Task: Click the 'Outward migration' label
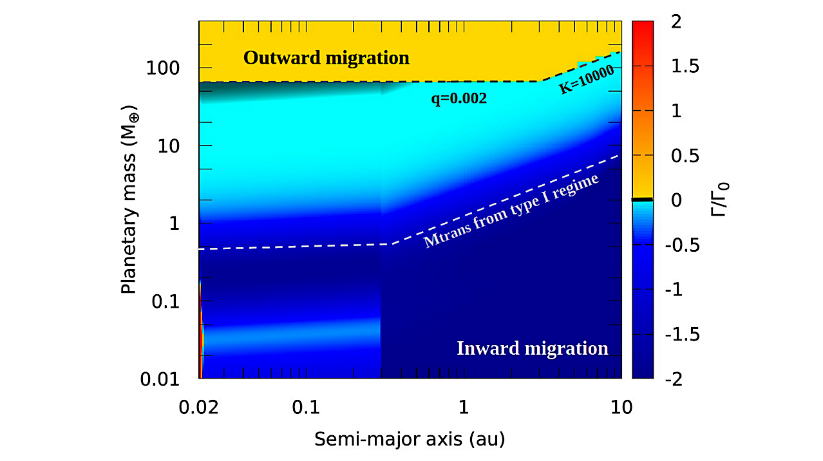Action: coord(326,58)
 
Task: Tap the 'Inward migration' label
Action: coord(532,348)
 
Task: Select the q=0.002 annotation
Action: coord(459,99)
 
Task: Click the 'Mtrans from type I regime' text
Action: coord(511,211)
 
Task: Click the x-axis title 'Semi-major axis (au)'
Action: coord(410,440)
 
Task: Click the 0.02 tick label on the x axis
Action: coord(199,406)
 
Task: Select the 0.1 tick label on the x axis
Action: coord(305,406)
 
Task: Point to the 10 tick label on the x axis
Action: coord(621,406)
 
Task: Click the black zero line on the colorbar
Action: coord(643,200)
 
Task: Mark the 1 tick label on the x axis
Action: coord(463,406)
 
